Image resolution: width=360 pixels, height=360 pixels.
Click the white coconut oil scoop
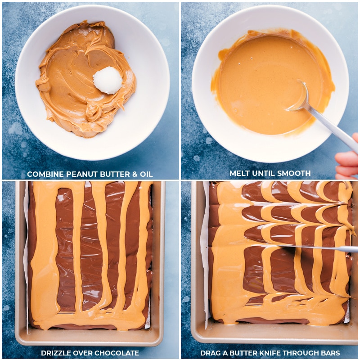pyautogui.click(x=108, y=80)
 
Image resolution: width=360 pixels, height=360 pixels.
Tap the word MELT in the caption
pyautogui.click(x=239, y=173)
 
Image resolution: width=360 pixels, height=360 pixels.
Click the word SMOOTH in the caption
pyautogui.click(x=294, y=173)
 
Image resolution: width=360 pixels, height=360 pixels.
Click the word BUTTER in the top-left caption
pyautogui.click(x=111, y=174)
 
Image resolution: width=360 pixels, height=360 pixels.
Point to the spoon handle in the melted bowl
pyautogui.click(x=333, y=128)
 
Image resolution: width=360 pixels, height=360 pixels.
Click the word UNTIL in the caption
pyautogui.click(x=265, y=173)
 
